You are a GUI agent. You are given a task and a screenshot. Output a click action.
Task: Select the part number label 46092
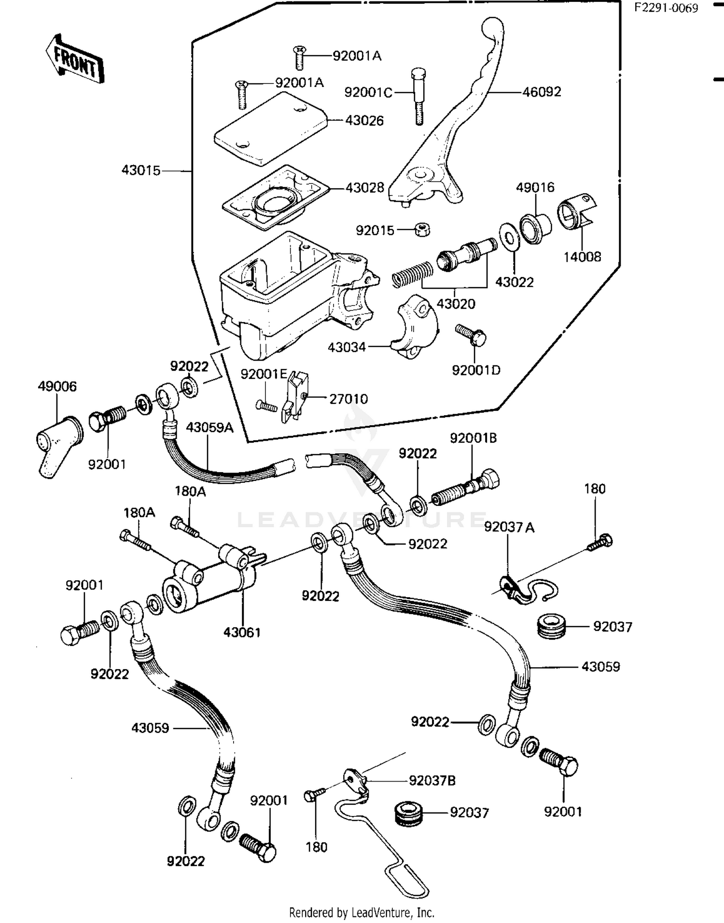pos(542,92)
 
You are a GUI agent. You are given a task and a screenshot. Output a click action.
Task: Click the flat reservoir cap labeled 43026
pos(270,128)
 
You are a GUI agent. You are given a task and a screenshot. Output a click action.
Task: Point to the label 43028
pos(364,188)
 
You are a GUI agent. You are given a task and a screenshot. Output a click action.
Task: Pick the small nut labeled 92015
pos(423,230)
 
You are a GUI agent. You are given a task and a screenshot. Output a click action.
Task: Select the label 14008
pos(582,257)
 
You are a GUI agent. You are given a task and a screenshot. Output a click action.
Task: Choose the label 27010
pos(348,399)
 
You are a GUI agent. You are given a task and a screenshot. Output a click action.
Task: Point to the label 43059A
pos(209,427)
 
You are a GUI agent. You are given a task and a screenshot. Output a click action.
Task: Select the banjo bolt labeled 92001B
pos(466,488)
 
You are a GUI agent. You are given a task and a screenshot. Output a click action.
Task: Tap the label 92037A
pos(509,527)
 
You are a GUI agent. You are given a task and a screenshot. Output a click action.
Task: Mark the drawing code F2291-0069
pos(666,8)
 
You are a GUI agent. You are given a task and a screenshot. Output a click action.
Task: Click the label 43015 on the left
pos(141,170)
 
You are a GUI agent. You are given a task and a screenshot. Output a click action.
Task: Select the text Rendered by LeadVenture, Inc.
pos(362,912)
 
